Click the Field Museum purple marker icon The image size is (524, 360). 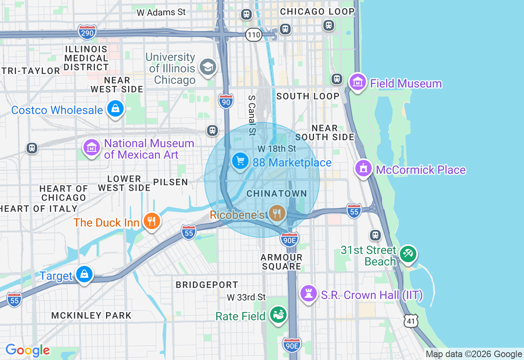tap(358, 83)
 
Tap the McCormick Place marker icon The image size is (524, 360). tap(363, 168)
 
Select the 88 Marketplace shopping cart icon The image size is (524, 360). tap(240, 161)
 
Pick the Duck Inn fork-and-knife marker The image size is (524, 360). tap(151, 221)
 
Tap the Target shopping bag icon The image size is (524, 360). tap(84, 274)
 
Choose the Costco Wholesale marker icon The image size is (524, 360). tap(115, 109)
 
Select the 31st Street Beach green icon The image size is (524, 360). tap(408, 254)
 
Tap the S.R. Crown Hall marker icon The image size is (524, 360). tap(309, 293)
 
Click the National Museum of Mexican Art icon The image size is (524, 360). tap(92, 148)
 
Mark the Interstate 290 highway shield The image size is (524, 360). tap(87, 32)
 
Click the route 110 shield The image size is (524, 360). tap(254, 35)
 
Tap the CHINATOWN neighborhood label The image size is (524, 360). tap(277, 193)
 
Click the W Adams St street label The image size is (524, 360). tap(161, 13)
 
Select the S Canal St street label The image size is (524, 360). tap(252, 115)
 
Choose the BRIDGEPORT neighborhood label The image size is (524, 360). tap(207, 285)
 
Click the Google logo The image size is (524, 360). tap(27, 350)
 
